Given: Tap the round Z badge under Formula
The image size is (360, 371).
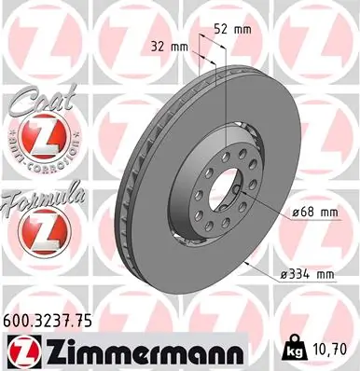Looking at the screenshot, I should (35, 234).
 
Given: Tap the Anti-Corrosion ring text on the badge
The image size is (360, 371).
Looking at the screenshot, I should (37, 159).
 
